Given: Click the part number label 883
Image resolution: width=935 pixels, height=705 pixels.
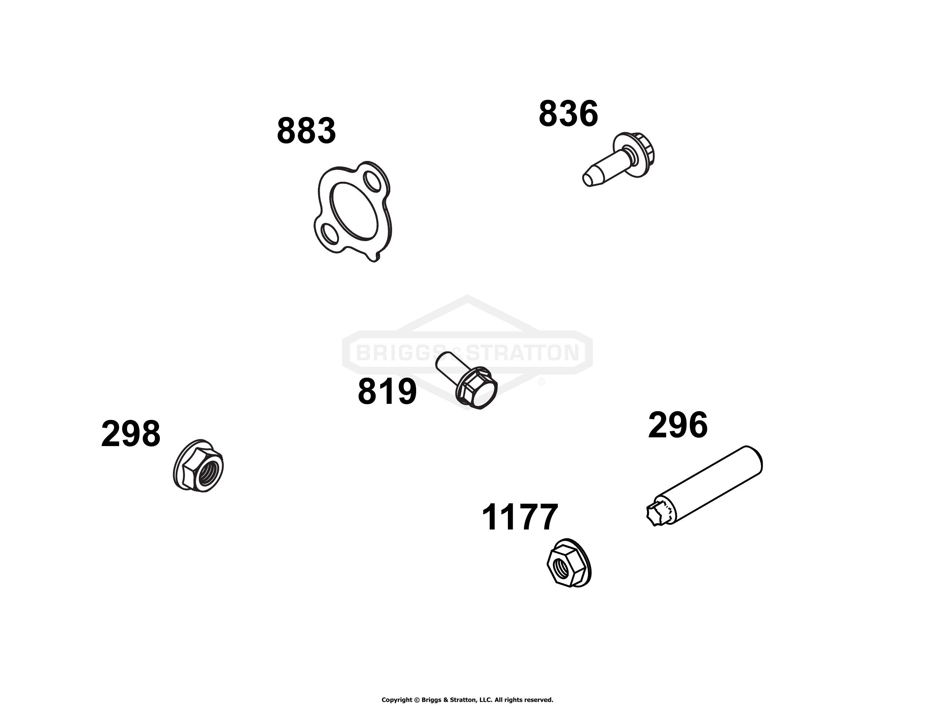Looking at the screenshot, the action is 307,131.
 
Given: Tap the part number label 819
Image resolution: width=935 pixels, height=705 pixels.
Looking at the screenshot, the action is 387,392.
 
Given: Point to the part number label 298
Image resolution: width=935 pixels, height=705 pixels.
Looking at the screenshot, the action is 131,434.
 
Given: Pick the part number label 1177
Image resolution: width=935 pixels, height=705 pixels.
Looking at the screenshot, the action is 520,517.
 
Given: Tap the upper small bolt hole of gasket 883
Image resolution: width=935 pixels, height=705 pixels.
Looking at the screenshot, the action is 373,181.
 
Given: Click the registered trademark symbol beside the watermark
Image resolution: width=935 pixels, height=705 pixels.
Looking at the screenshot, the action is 541,382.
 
